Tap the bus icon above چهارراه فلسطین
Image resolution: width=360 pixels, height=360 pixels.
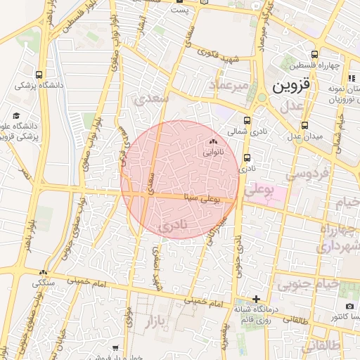315,54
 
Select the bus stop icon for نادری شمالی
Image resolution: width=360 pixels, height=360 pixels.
246,120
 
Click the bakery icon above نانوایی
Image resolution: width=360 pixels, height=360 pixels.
213,141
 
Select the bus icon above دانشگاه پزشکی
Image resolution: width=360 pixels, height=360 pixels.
38,75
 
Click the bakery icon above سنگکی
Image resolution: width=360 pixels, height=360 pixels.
44,273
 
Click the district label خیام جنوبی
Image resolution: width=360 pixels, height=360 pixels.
307,285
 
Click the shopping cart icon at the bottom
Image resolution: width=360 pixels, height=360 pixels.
115,347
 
